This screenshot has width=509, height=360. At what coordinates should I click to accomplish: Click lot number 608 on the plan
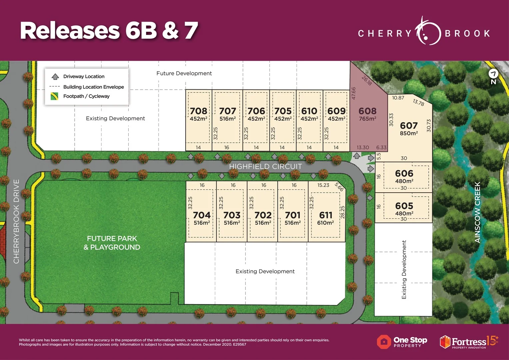pos(367,111)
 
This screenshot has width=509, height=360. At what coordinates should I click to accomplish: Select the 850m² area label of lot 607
pos(409,133)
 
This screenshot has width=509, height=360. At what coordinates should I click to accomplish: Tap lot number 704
pos(202,215)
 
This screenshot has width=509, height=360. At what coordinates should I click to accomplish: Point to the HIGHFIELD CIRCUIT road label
pos(265,166)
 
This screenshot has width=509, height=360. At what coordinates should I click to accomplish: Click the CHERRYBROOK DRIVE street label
pos(16,221)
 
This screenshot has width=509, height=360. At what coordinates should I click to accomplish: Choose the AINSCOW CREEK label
pos(477,212)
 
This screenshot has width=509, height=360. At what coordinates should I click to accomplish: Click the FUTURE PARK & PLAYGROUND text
pos(112,243)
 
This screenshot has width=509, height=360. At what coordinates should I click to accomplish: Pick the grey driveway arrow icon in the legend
pos(55,77)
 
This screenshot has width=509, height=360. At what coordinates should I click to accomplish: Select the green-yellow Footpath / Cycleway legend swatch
pos(54,96)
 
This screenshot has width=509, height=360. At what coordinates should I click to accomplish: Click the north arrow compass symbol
pos(493,77)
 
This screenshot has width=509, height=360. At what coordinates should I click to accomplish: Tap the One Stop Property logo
pos(402,342)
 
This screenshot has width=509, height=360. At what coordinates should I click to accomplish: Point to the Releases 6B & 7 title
pos(109,31)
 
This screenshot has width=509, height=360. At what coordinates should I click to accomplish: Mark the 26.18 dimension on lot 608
pos(367,80)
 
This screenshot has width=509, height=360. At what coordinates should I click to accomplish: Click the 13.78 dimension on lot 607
pos(418,102)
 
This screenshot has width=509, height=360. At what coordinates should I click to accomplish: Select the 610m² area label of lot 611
pos(325,223)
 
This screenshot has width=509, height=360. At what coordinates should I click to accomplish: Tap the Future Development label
pos(184,73)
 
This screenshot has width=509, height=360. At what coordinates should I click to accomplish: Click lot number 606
pos(404,173)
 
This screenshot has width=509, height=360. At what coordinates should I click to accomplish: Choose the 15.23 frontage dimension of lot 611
pos(323,185)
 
